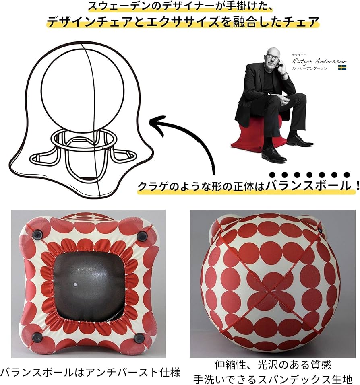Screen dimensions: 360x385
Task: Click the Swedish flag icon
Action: (342, 68)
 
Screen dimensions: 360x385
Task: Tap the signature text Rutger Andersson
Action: (319, 61)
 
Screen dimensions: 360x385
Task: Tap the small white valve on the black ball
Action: (75, 284)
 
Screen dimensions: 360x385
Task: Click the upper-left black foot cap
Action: (37, 235)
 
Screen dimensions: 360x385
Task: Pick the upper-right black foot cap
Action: (142, 236)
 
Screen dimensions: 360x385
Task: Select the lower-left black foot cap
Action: (37, 337)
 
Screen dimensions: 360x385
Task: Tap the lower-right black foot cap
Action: (139, 338)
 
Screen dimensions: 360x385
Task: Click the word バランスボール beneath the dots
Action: (308, 185)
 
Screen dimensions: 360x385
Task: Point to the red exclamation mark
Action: (357, 185)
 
